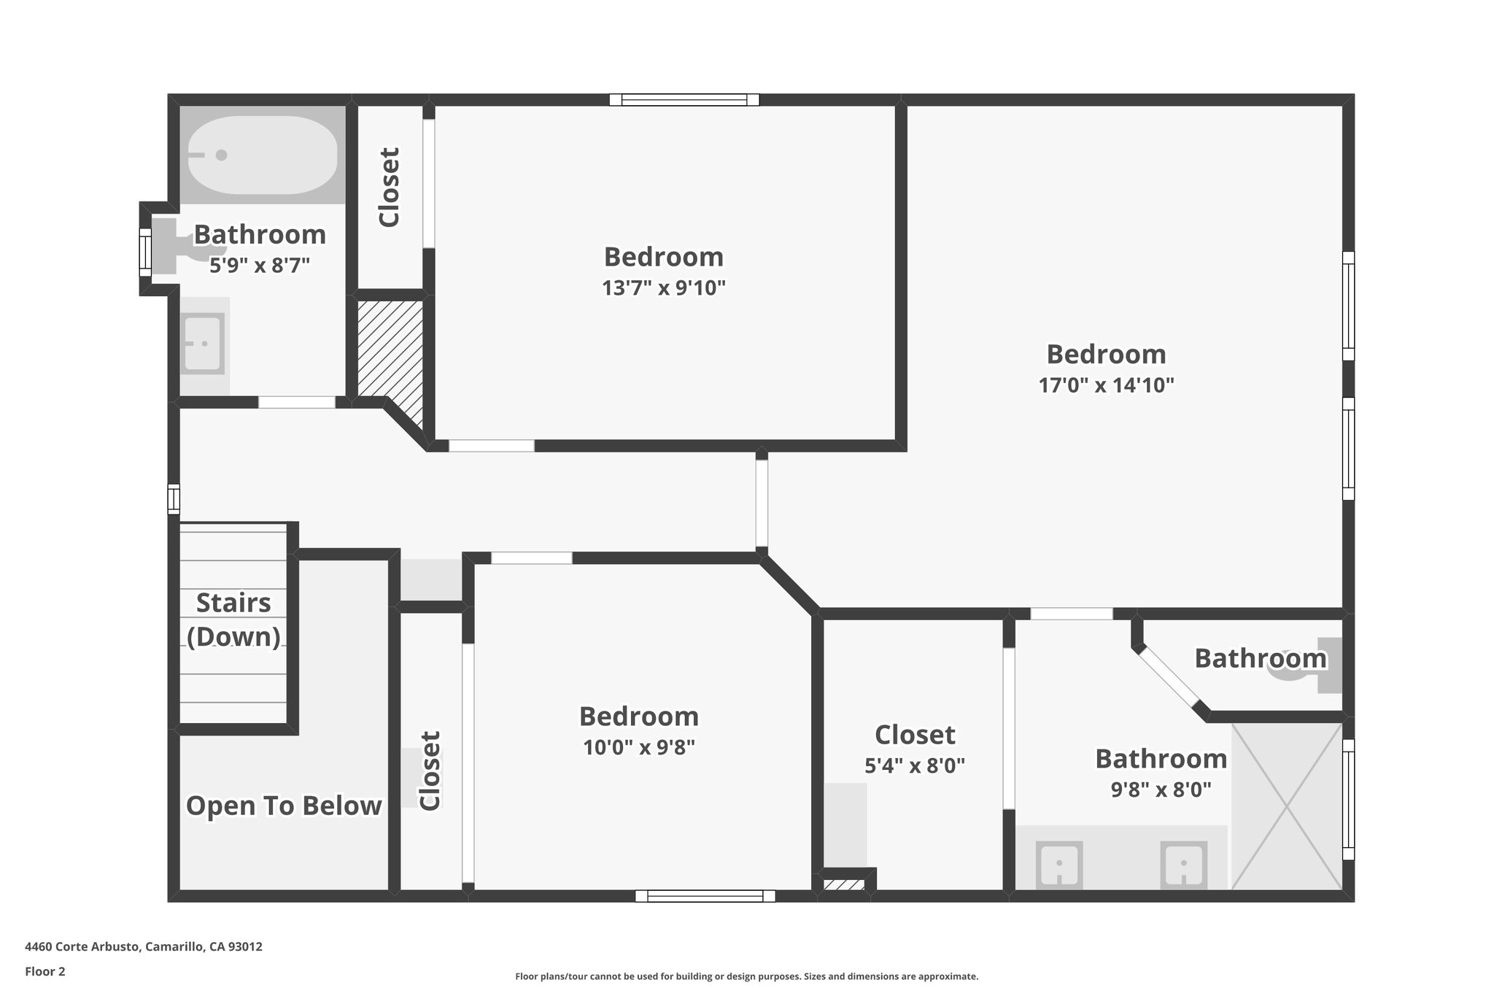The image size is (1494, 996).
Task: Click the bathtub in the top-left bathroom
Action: coord(263,155)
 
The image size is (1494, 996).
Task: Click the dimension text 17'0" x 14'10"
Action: coord(1106,385)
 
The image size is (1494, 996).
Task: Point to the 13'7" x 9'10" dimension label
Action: coord(663,288)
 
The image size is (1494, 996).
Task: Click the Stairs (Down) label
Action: coord(233,619)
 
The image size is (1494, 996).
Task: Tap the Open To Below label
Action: coord(284,806)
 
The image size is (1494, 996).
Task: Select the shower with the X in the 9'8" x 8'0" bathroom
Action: coord(1287,806)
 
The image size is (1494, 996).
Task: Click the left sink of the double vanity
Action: coord(1058,865)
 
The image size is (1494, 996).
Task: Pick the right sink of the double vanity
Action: coord(1183,865)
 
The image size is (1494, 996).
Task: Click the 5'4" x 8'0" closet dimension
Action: coord(914,765)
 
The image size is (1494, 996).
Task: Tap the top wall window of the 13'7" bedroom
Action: coord(684,100)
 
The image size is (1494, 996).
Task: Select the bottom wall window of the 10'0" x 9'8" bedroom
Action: coord(705,896)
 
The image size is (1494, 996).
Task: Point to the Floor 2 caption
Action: coord(45,971)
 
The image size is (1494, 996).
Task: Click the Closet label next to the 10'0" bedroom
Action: coord(430,771)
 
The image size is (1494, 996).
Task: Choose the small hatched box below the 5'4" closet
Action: coord(843,885)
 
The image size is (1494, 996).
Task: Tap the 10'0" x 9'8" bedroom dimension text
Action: coord(638,748)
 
